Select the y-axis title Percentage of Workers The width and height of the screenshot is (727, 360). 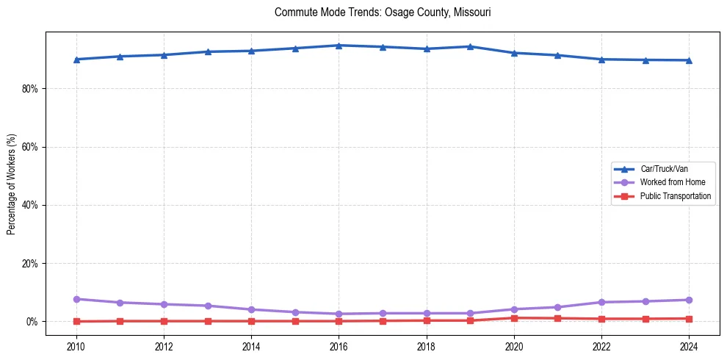click(x=11, y=184)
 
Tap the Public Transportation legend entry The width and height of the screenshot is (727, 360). click(x=675, y=196)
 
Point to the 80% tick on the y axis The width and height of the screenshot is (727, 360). click(x=30, y=89)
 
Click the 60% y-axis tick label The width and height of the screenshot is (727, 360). click(x=30, y=147)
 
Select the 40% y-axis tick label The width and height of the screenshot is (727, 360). click(x=30, y=205)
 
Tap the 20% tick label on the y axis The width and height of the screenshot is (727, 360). click(x=30, y=263)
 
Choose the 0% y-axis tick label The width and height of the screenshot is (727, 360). click(x=32, y=322)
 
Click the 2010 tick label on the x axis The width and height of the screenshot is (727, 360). click(x=76, y=346)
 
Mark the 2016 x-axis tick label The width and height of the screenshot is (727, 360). click(x=339, y=346)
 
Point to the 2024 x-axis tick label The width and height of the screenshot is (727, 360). click(x=689, y=346)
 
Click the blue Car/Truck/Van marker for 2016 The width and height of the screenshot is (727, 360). click(x=339, y=46)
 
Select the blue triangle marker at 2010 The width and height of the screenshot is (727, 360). click(x=76, y=60)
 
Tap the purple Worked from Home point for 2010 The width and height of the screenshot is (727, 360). click(x=76, y=299)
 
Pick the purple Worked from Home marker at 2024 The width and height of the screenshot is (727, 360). click(x=689, y=300)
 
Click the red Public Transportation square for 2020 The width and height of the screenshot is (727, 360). click(x=514, y=318)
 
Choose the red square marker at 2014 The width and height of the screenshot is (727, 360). click(x=251, y=321)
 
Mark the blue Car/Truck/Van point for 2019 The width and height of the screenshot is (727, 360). click(x=470, y=46)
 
